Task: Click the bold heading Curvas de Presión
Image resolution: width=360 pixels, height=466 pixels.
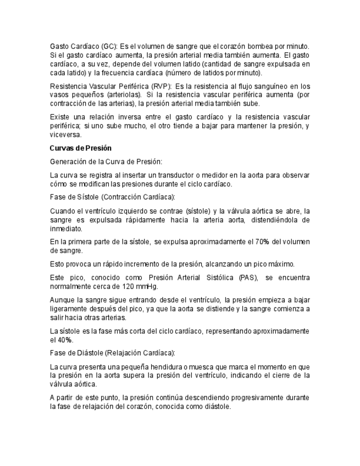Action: point(80,148)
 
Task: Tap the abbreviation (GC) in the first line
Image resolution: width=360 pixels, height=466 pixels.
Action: point(108,46)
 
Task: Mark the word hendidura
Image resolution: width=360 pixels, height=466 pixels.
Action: point(166,367)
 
